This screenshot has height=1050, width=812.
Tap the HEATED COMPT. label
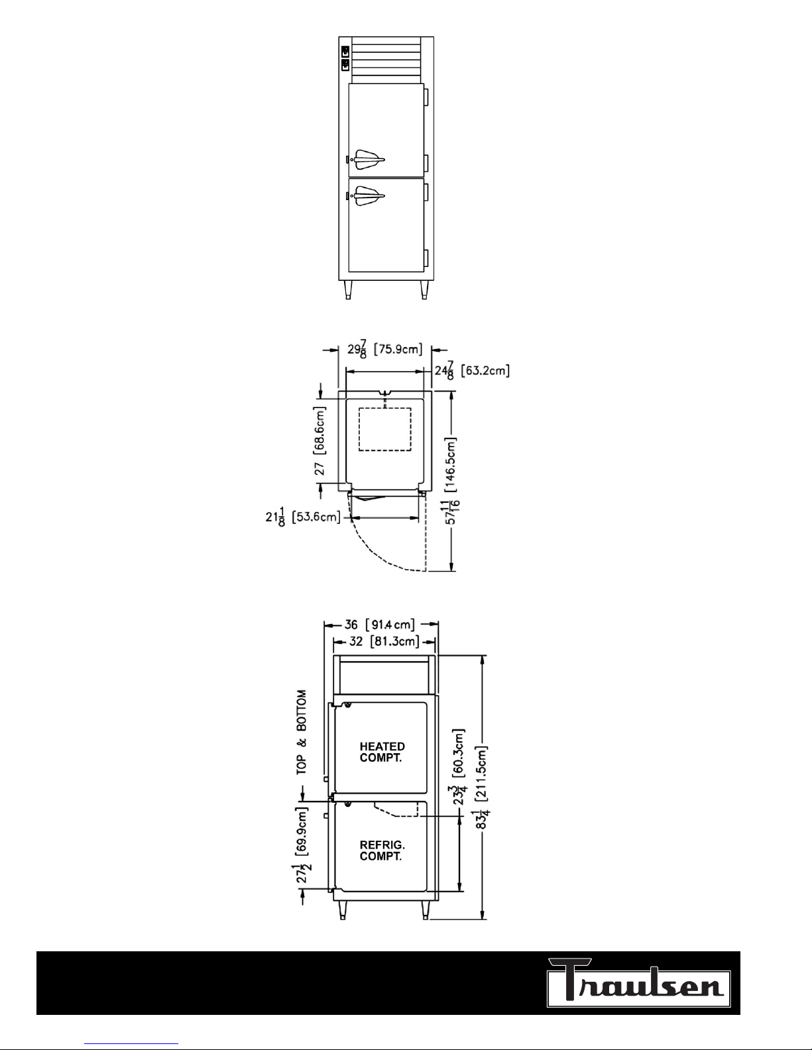[382, 753]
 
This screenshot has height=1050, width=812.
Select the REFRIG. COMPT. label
[382, 851]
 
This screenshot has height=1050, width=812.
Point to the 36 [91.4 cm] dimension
[379, 625]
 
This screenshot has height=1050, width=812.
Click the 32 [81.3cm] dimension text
[384, 641]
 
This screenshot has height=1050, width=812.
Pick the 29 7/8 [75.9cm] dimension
[384, 349]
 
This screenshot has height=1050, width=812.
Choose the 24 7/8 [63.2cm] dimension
[472, 370]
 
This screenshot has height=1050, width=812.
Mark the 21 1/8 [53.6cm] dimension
[302, 517]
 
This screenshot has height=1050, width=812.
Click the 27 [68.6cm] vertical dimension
[320, 440]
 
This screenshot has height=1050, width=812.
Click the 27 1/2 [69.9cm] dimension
[302, 845]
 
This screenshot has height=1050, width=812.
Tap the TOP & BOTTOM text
[302, 732]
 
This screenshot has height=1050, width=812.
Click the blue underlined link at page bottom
[131, 1044]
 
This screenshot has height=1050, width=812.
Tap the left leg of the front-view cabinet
[348, 290]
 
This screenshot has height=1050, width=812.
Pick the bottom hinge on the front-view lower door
[426, 258]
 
